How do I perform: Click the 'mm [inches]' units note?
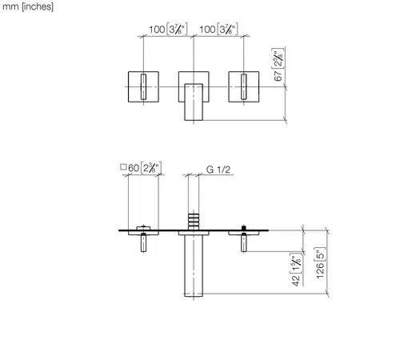pyautogui.click(x=28, y=6)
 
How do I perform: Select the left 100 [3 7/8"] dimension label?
pyautogui.click(x=168, y=29)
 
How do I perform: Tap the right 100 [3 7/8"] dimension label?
pyautogui.click(x=218, y=29)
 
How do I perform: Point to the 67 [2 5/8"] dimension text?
pyautogui.click(x=278, y=65)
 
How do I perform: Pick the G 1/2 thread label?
pyautogui.click(x=218, y=170)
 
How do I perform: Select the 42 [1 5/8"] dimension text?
pyautogui.click(x=296, y=270)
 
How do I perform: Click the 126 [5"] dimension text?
pyautogui.click(x=321, y=263)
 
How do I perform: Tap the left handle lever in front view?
pyautogui.click(x=143, y=86)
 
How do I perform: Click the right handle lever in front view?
pyautogui.click(x=244, y=86)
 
